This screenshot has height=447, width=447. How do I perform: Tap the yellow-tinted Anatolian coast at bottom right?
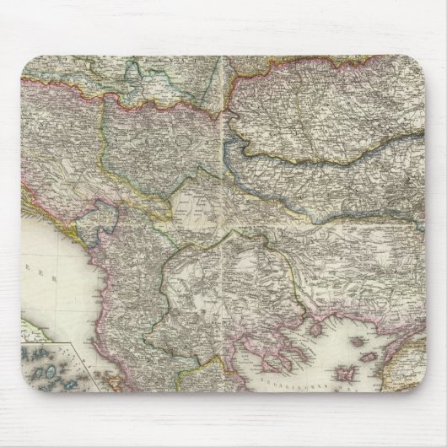pyautogui.click(x=413, y=363)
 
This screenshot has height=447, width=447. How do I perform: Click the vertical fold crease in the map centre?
pyautogui.click(x=223, y=211)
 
